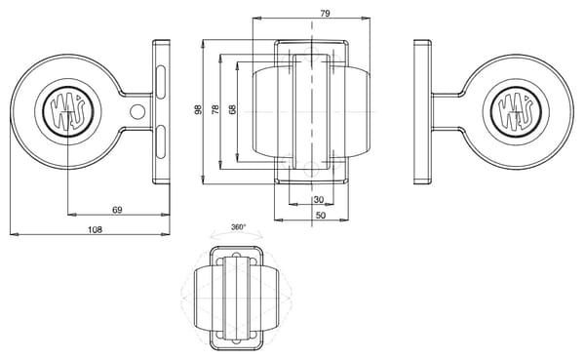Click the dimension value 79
325,14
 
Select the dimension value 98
198,109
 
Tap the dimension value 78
215,109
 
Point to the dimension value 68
232,109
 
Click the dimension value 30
319,200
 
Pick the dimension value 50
321,216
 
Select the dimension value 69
117,210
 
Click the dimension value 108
95,229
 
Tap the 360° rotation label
239,227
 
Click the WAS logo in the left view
68,111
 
